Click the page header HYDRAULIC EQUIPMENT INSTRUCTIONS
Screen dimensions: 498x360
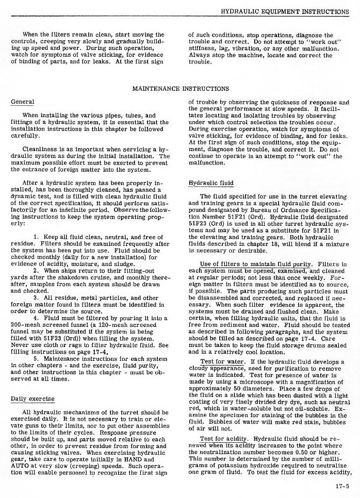click(x=285, y=11)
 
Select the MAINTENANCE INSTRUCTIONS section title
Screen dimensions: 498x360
click(x=181, y=89)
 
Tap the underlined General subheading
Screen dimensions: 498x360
click(x=22, y=102)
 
